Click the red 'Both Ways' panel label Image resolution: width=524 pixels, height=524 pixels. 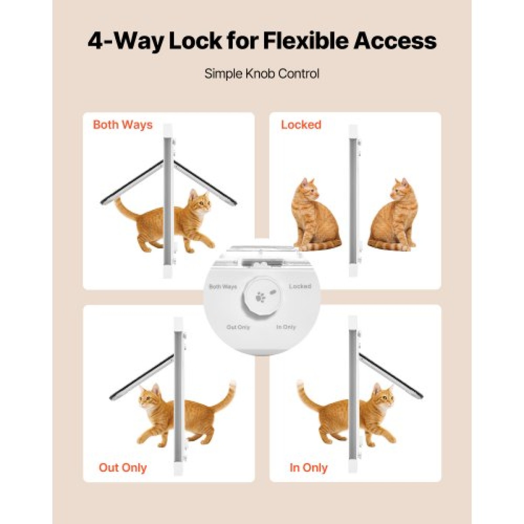coord(123,125)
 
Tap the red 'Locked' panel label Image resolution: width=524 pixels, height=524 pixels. coord(301,125)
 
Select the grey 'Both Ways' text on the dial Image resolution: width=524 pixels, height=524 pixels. coord(223,286)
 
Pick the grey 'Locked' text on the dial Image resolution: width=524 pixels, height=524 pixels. coord(300,286)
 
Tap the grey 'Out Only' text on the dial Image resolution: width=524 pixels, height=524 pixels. coord(238,327)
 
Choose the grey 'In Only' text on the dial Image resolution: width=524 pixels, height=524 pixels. coord(286,327)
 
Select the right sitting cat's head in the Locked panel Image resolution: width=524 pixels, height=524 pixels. coord(400,190)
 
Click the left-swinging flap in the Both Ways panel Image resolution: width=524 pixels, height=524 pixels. coord(132,182)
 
